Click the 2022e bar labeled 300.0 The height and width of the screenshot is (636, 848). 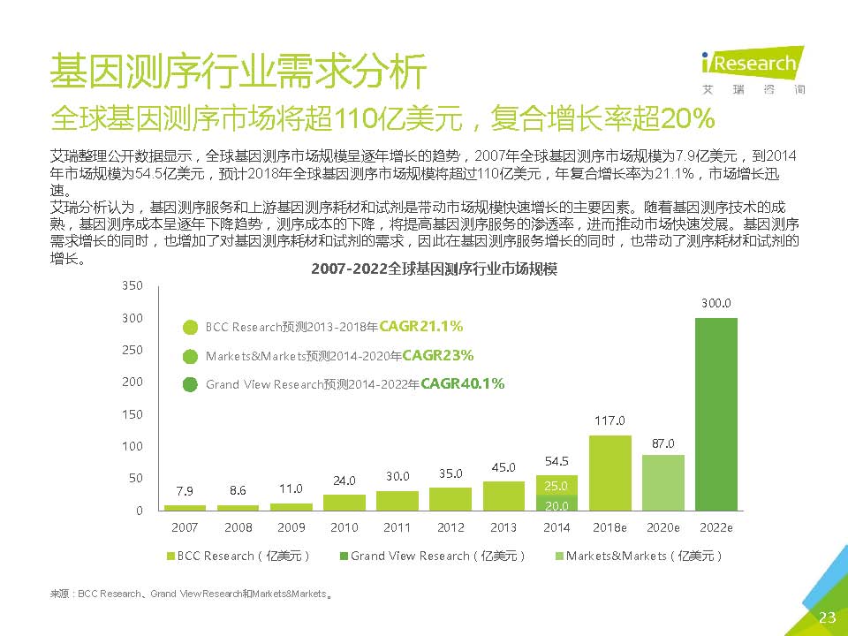(715, 413)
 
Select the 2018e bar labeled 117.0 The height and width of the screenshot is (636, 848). (609, 473)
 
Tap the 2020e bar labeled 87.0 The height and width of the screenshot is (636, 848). (662, 482)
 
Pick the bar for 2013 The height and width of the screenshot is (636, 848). (503, 496)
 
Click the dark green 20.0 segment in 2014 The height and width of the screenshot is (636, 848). (556, 504)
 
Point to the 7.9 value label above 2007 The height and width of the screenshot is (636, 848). (185, 491)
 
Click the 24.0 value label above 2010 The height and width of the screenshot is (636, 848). (344, 481)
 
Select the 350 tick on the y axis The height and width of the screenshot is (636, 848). (131, 286)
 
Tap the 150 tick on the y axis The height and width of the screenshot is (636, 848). (131, 414)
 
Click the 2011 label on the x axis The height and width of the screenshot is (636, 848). (397, 527)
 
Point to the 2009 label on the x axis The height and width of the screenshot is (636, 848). (291, 527)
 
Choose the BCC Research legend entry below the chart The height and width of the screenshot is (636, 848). (238, 556)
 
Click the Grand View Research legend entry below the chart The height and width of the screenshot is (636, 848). (433, 556)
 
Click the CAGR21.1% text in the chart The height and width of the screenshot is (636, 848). (420, 327)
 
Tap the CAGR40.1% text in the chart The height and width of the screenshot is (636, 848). (463, 384)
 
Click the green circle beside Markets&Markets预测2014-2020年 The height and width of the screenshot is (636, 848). (190, 357)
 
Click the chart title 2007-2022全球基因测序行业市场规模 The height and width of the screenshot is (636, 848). (434, 269)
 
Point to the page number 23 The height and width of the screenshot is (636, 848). (827, 617)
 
